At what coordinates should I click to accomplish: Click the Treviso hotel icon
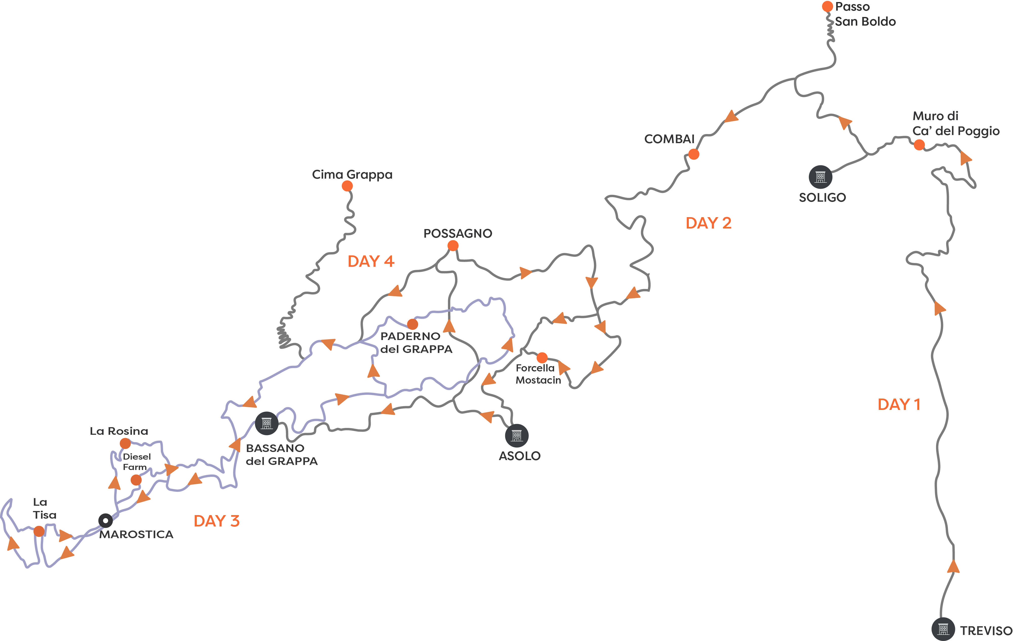tap(943, 629)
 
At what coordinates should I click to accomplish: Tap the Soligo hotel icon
tap(820, 177)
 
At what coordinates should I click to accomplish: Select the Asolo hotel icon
tap(517, 435)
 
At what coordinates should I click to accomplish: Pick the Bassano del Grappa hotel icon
tap(267, 423)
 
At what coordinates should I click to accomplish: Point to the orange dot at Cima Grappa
tap(347, 186)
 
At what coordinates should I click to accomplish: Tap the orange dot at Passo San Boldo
tap(827, 6)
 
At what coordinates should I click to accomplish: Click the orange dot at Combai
tap(694, 155)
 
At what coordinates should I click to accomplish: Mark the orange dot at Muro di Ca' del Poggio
tap(919, 145)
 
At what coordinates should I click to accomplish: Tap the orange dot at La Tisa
tap(39, 531)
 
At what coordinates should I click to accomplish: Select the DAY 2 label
tap(708, 223)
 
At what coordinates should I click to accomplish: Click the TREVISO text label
tap(986, 630)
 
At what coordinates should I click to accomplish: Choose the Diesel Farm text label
tap(136, 462)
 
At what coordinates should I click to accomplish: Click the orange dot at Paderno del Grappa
tap(413, 324)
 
